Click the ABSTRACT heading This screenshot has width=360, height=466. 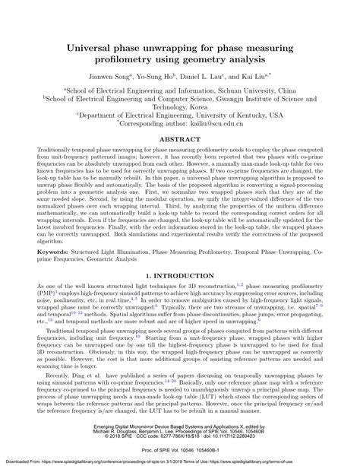coord(180,140)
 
